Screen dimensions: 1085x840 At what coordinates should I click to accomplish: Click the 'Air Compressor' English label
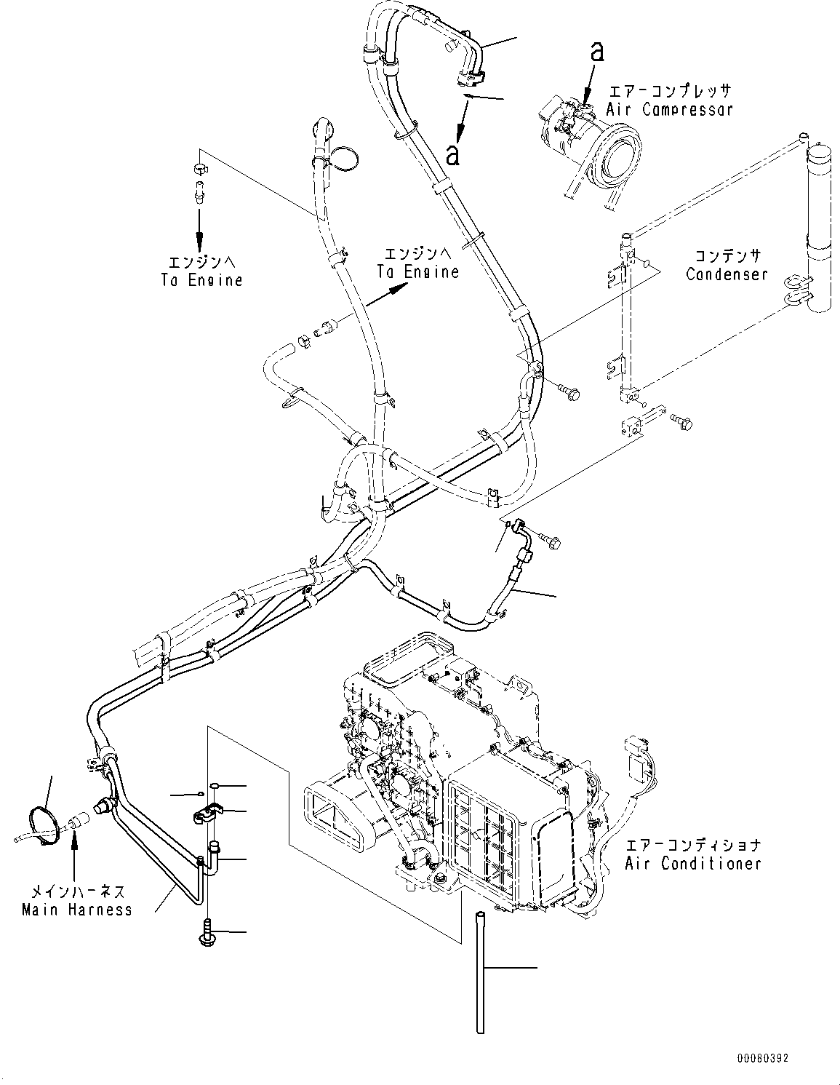click(x=669, y=110)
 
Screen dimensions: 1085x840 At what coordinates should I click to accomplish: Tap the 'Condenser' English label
click(x=727, y=274)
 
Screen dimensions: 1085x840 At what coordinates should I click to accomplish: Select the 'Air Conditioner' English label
click(x=692, y=863)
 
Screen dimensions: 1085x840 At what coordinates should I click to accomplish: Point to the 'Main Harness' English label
click(x=77, y=909)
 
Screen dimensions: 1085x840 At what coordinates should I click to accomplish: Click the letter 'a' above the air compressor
click(x=596, y=51)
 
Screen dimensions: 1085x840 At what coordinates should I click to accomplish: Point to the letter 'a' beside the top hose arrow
click(x=453, y=154)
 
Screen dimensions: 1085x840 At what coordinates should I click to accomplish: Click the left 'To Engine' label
click(x=201, y=271)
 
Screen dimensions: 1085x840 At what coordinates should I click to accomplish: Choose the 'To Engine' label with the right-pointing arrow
click(x=417, y=263)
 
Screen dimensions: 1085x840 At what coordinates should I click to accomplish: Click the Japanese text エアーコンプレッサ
click(x=669, y=91)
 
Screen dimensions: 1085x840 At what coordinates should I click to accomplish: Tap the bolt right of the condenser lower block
click(x=682, y=420)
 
